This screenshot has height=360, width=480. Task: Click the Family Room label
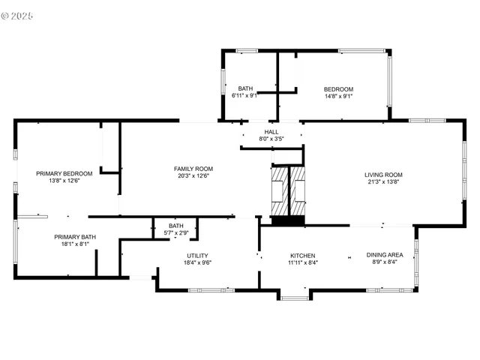point(193,169)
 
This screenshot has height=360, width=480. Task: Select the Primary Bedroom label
point(64,173)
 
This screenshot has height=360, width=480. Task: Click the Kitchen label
point(302,255)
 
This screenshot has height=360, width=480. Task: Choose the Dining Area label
point(385,255)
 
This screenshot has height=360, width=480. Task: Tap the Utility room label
point(198,256)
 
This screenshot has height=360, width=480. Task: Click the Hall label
point(271,131)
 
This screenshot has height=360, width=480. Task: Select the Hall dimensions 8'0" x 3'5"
point(271,139)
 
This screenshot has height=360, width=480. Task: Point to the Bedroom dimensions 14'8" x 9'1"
point(338,96)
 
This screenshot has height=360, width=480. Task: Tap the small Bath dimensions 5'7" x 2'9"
point(175,232)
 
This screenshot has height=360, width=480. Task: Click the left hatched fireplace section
point(278,193)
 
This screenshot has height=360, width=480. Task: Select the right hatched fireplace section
point(298,193)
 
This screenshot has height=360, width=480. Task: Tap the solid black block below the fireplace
point(288,221)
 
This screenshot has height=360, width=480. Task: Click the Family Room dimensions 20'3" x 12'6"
point(193,177)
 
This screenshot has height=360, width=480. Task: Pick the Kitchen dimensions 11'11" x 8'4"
point(302,262)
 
